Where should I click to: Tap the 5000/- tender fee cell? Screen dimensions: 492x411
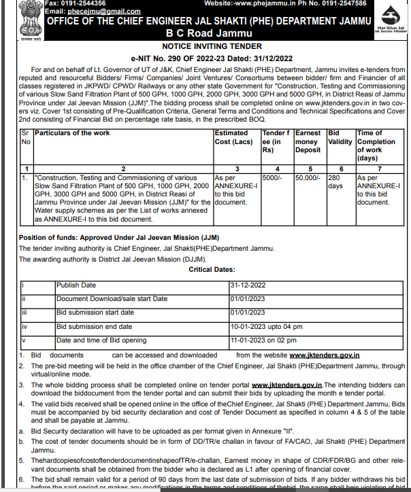point(272,177)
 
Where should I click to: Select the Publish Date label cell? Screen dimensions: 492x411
point(76,285)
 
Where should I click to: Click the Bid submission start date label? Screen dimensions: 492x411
point(95,313)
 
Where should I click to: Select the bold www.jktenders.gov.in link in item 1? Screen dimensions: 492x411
point(325,355)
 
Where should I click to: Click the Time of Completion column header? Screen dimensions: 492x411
point(376,141)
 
